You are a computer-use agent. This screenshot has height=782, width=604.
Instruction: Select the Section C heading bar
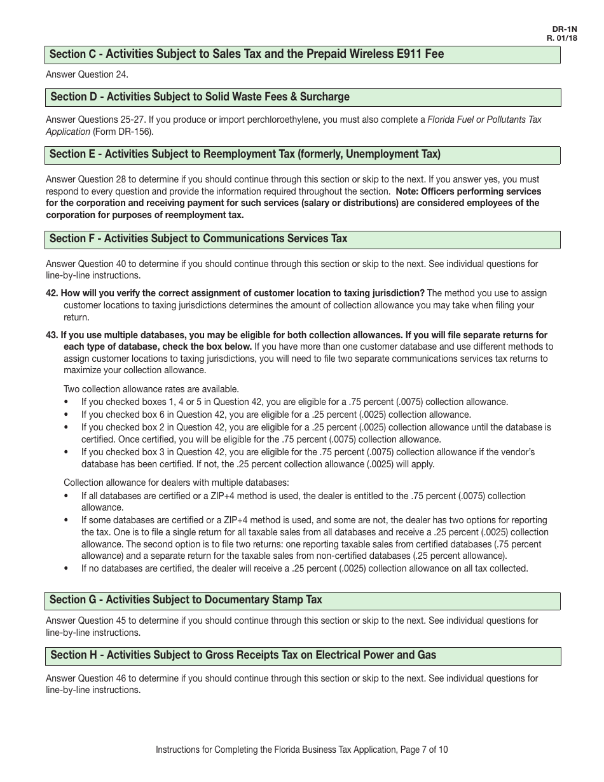pos(303,55)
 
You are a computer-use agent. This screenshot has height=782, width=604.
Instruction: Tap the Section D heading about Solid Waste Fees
pos(303,97)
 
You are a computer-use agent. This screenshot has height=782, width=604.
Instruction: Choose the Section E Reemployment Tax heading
pos(303,154)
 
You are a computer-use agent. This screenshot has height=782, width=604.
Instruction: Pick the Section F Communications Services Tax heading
pos(303,239)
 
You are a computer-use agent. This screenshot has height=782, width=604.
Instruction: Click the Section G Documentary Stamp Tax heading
pos(303,600)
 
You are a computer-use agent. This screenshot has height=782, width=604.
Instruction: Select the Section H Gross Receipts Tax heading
pos(303,655)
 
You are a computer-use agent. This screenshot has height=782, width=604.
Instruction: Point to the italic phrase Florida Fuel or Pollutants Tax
pos(484,120)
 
